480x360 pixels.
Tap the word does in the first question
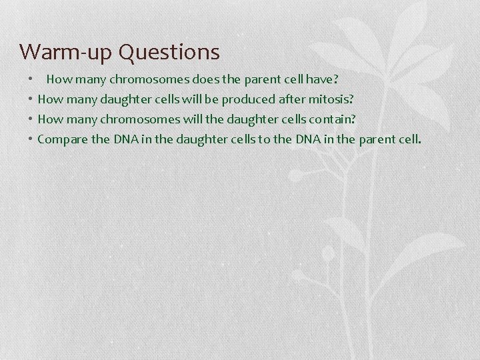tap(206, 79)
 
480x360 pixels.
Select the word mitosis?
tap(334, 99)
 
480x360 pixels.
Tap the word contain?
tap(342, 119)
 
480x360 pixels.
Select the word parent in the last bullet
tap(377, 139)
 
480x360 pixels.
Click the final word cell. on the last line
tap(410, 139)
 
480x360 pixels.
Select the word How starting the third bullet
tap(49, 119)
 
